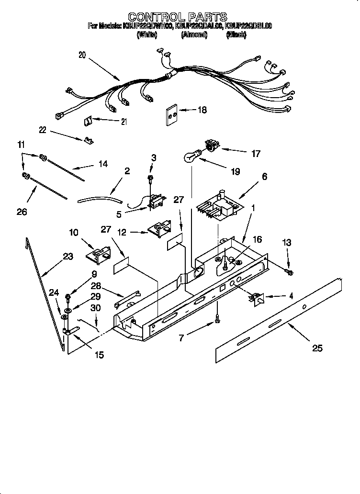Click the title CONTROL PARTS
pos(177,18)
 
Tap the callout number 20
pos(82,55)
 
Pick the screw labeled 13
pos(289,272)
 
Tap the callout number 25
pos(317,348)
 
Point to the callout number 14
pos(102,164)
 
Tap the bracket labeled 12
pos(159,229)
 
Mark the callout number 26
pos(22,212)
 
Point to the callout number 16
pos(257,239)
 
